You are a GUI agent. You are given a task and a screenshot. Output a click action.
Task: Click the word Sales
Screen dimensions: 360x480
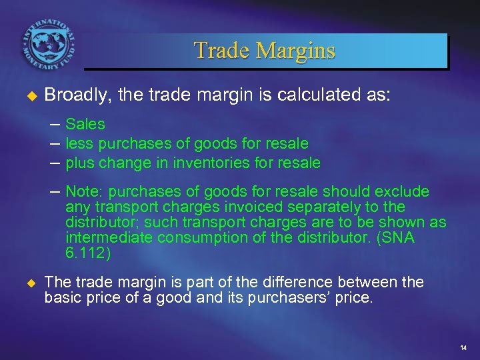pos(85,124)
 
